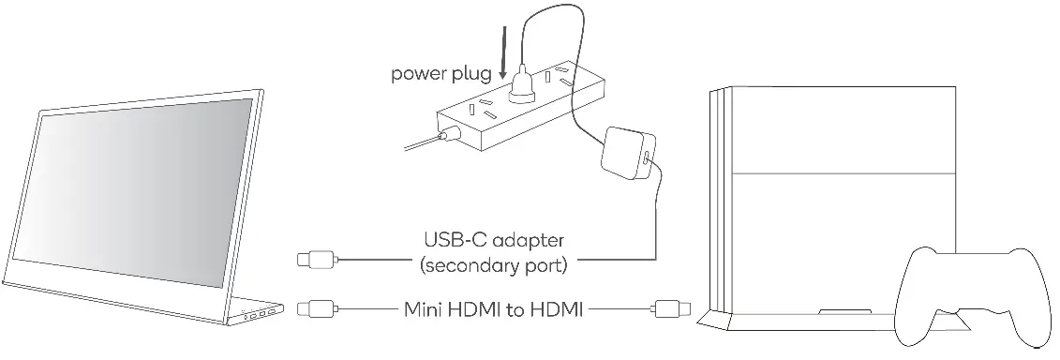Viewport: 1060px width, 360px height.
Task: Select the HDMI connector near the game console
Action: [671, 307]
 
